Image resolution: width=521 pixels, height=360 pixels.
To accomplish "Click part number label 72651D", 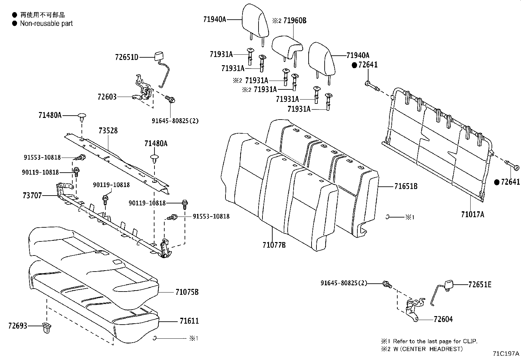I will [127, 57].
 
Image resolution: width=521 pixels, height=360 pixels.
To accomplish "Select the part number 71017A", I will [472, 215].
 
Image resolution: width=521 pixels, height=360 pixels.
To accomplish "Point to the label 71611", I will [189, 321].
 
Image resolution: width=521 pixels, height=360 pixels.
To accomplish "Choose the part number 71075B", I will [187, 292].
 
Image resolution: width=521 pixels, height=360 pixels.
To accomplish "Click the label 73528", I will [108, 131].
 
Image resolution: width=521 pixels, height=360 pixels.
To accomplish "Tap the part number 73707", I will [32, 196].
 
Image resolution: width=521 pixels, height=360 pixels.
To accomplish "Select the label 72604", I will [443, 319].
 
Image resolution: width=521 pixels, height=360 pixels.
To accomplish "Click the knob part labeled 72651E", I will [449, 284].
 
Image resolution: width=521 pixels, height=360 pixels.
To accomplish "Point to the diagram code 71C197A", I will [506, 354].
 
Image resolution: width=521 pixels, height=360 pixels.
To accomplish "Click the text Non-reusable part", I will [46, 24].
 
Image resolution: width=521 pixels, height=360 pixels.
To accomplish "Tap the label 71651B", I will [406, 186].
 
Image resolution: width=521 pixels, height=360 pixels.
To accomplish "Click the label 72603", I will [107, 97].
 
